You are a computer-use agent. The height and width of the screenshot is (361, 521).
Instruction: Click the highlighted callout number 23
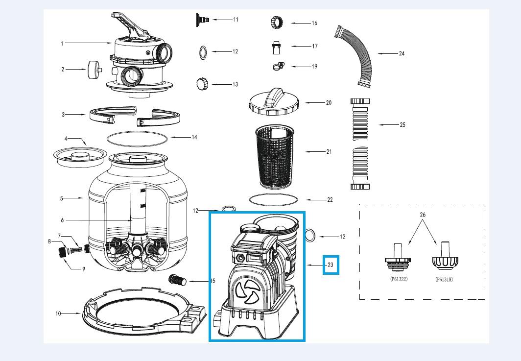pos(331,265)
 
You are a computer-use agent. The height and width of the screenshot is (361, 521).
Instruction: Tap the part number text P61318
pos(445,280)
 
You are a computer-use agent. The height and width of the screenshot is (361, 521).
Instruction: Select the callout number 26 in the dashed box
pos(423,215)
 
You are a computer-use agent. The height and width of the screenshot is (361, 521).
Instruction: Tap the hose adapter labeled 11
pos(202,19)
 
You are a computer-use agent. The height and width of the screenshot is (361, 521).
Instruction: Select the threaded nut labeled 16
pos(275,23)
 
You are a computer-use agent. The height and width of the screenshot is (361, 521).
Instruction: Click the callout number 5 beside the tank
pos(62,198)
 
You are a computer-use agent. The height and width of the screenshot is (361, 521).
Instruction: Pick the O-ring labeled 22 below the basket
pos(274,200)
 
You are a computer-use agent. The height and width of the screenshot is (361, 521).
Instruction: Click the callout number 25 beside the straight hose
pos(403,125)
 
